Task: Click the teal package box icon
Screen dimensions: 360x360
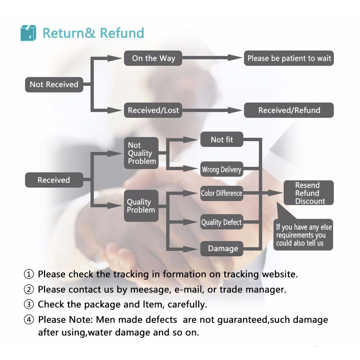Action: tap(28, 33)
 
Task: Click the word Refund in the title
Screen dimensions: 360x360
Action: tap(122, 33)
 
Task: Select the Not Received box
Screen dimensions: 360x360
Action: tap(54, 85)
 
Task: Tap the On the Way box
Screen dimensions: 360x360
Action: tap(153, 58)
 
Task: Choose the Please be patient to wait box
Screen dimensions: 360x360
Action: tap(289, 58)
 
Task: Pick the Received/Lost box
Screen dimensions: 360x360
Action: tap(153, 110)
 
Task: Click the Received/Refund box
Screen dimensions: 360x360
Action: tap(289, 110)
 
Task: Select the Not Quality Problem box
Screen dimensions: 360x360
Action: tap(141, 153)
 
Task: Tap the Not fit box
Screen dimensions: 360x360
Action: tap(222, 139)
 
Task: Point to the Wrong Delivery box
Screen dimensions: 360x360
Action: tap(222, 169)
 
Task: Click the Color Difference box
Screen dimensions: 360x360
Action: tap(222, 193)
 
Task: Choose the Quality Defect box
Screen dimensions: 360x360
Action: tap(222, 222)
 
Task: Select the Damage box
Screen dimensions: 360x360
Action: tap(222, 249)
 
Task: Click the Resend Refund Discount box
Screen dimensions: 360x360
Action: tap(308, 193)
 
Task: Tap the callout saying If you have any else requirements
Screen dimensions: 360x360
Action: tap(303, 235)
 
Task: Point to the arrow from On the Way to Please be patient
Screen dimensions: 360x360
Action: tap(213, 58)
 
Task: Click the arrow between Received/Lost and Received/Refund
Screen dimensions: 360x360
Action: tap(213, 110)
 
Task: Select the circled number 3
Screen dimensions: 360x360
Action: tap(29, 304)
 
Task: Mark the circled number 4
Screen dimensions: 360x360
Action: tap(29, 319)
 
